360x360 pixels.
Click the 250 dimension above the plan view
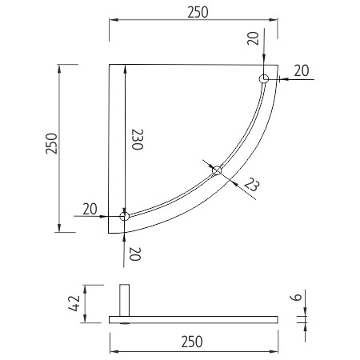pos(198,12)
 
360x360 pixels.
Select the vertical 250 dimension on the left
pos(51,143)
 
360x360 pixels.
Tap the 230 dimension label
pos(138,139)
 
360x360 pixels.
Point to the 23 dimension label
pos(251,184)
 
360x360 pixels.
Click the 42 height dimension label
pos(74,303)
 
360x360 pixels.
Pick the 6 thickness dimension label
pos(296,297)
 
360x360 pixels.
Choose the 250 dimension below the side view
pos(192,342)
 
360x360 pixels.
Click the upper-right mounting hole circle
pos(264,79)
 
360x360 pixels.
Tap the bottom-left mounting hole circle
pos(125,216)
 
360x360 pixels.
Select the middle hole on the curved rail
pos(217,170)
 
